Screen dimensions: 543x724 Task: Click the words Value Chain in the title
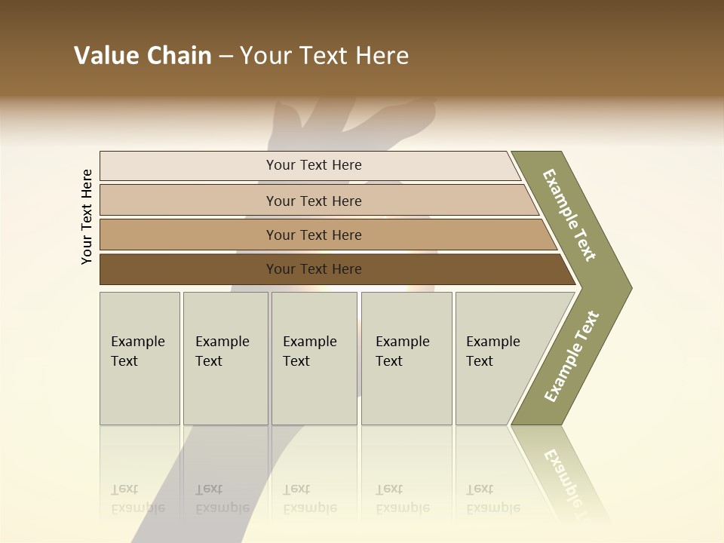[x=143, y=56]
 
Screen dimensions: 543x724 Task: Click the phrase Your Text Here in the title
[x=324, y=56]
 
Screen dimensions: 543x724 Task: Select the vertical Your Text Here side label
[x=87, y=217]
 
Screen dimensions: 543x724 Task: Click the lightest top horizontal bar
[x=189, y=165]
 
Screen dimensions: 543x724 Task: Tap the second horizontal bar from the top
[x=189, y=201]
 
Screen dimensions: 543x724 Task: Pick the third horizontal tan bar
[x=189, y=235]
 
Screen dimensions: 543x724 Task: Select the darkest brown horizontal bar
[x=189, y=269]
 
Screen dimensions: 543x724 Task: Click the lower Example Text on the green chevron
[x=572, y=356]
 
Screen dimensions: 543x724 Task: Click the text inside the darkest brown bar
[x=314, y=269]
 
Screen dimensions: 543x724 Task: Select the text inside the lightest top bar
[x=314, y=165]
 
